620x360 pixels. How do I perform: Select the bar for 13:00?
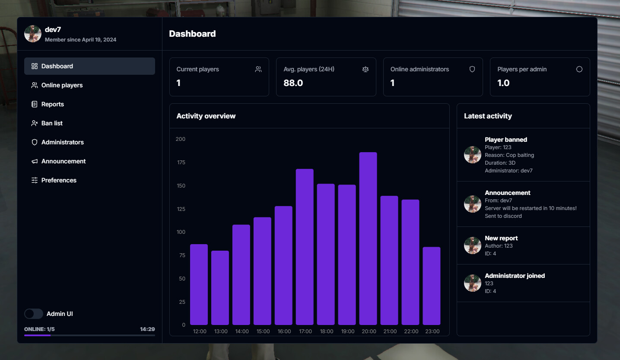pos(220,288)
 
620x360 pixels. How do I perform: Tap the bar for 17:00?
pos(305,247)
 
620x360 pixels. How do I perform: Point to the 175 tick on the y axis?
pos(180,162)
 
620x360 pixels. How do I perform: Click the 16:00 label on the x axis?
pos(284,331)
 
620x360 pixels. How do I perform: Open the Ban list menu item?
pos(52,123)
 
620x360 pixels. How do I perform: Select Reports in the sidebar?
pos(52,104)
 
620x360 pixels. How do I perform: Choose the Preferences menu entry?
pos(59,180)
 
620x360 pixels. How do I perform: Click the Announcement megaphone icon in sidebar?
pos(35,161)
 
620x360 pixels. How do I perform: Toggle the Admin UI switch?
pos(34,314)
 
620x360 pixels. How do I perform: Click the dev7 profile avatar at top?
pos(33,34)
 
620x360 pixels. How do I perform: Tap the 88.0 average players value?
pos(293,83)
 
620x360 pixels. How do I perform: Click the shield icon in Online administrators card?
pos(472,69)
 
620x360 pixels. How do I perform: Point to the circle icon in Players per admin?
pos(579,69)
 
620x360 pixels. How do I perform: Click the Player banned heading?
pos(506,140)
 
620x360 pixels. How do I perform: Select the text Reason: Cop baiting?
pos(509,155)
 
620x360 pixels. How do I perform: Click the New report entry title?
pos(501,238)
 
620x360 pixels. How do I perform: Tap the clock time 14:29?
pos(147,329)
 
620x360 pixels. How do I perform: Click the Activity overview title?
pos(206,116)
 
